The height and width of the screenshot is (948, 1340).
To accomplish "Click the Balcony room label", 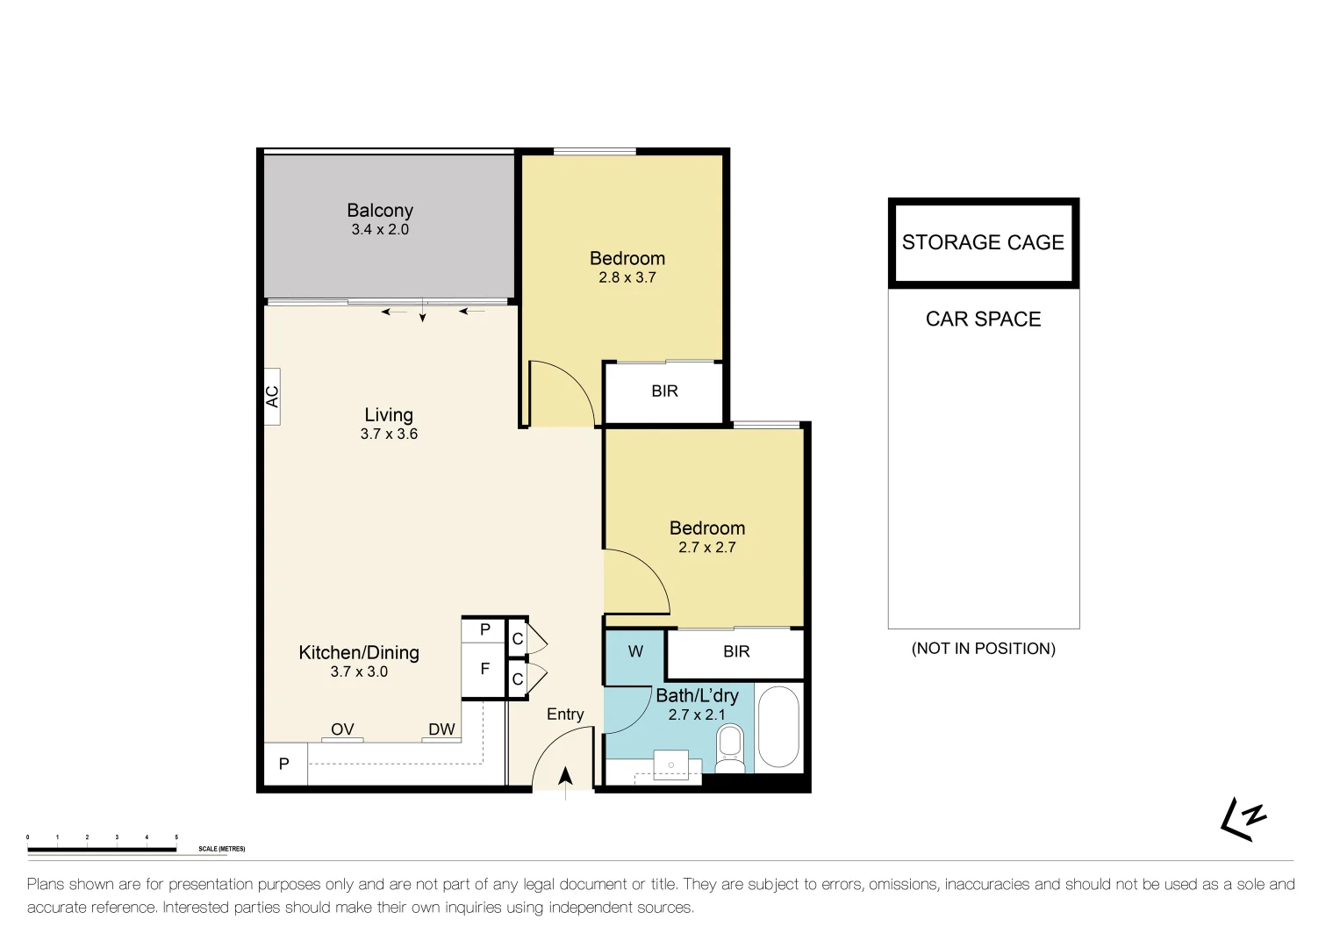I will (x=379, y=211).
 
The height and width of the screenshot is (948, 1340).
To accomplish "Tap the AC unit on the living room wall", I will (x=272, y=397).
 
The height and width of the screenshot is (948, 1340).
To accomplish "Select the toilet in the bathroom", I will (x=729, y=749).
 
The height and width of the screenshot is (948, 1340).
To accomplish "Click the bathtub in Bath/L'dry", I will (x=777, y=728).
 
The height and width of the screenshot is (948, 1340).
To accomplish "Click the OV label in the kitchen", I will (x=342, y=729).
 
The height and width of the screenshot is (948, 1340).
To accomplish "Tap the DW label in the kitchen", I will (x=441, y=729).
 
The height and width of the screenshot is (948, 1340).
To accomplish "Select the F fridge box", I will (x=484, y=670).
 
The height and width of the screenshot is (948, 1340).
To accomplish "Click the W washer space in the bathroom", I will (x=635, y=652).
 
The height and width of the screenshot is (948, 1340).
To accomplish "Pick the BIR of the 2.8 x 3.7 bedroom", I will (x=664, y=391).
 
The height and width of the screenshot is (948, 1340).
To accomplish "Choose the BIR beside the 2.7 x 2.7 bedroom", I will (x=736, y=652).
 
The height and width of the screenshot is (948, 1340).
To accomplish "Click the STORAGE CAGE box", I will (x=983, y=243).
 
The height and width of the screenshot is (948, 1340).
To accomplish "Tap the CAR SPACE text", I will (x=983, y=320).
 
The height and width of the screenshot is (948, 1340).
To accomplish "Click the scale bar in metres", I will (x=102, y=849).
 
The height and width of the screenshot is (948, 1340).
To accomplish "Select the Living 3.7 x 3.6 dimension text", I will (x=389, y=434).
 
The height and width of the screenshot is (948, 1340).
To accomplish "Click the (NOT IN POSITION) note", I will (x=983, y=649).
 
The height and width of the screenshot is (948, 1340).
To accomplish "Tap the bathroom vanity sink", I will (x=671, y=765).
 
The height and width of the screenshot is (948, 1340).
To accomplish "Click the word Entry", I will (x=565, y=715).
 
